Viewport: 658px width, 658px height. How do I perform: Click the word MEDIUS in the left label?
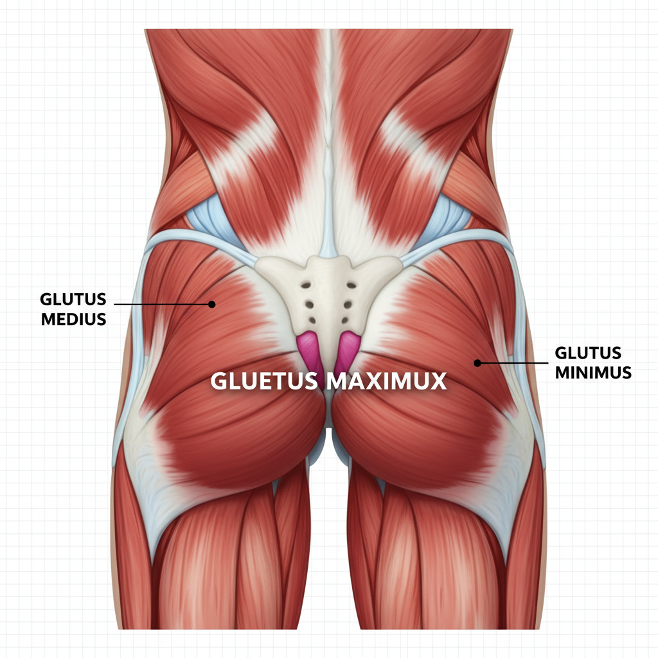(x=73, y=319)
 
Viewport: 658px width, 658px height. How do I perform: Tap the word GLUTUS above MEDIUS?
(x=73, y=300)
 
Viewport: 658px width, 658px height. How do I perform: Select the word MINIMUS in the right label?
(x=592, y=372)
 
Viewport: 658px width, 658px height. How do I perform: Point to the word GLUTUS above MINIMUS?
(x=588, y=353)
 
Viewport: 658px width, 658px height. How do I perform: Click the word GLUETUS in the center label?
(x=264, y=381)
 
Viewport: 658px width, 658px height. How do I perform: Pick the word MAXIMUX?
(x=386, y=381)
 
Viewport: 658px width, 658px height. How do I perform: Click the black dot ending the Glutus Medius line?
(x=211, y=304)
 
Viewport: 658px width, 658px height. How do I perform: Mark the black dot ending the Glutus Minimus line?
(x=477, y=363)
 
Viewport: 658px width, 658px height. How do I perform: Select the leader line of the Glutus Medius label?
(x=161, y=303)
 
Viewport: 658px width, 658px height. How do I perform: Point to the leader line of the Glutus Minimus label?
(x=514, y=363)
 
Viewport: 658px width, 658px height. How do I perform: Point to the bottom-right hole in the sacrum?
(x=348, y=320)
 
